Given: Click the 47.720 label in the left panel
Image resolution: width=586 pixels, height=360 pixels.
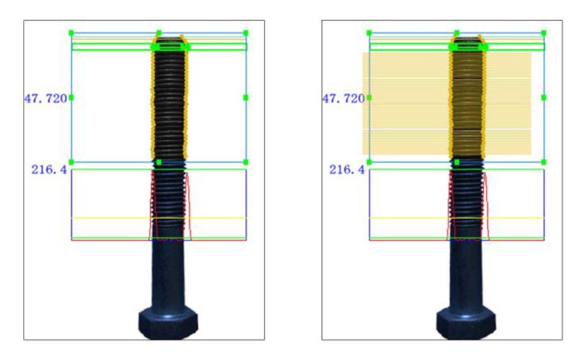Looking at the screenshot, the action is [x=46, y=99].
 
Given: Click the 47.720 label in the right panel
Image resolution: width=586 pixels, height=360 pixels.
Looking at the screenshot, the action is [x=344, y=99].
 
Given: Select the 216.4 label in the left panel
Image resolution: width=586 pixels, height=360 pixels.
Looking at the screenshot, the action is [x=49, y=170].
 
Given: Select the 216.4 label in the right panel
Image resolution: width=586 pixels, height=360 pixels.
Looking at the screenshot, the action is [x=347, y=170].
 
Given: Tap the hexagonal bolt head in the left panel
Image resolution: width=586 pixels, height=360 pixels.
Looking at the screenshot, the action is [x=168, y=323].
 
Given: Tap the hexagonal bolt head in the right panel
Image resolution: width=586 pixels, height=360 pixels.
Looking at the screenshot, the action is [x=466, y=323].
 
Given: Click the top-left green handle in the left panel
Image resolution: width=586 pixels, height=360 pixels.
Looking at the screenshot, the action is [x=72, y=33].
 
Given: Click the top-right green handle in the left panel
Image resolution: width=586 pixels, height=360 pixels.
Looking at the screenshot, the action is [x=246, y=33].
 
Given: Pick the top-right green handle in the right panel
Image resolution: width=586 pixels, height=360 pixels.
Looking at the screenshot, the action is [x=543, y=33].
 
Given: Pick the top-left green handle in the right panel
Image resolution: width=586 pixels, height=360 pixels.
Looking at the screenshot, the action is [x=369, y=33].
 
